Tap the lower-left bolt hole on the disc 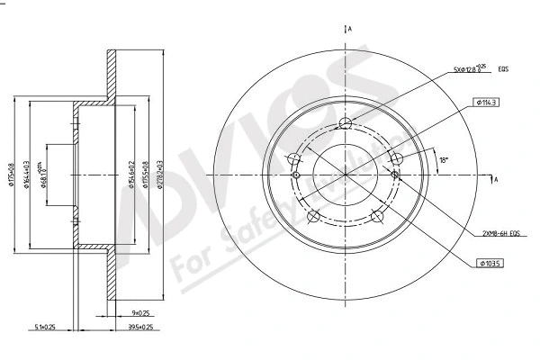[x=313, y=218]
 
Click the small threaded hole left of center [x=294, y=160]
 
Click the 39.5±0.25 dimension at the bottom [x=138, y=327]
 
